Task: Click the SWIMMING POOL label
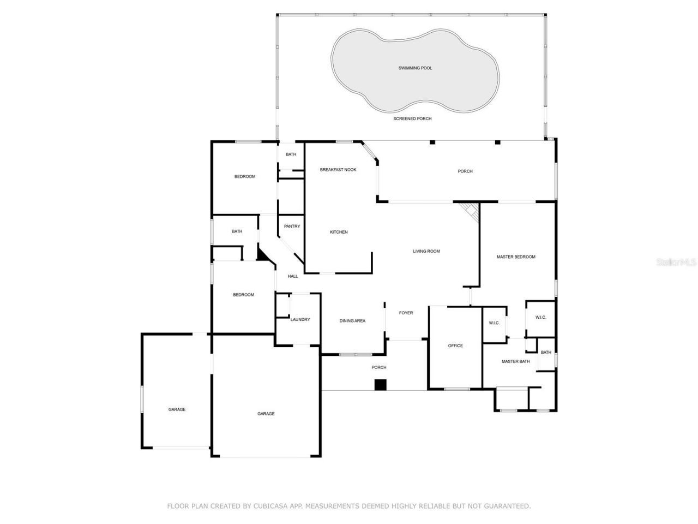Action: pyautogui.click(x=415, y=68)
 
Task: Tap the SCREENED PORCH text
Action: pyautogui.click(x=413, y=118)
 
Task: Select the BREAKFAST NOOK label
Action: pyautogui.click(x=338, y=170)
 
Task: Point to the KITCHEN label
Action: pyautogui.click(x=339, y=232)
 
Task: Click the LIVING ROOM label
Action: pyautogui.click(x=426, y=251)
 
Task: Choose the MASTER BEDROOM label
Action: pyautogui.click(x=515, y=257)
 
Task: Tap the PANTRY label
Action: pyautogui.click(x=292, y=226)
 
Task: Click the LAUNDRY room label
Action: pyautogui.click(x=300, y=319)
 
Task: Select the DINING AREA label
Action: pyautogui.click(x=352, y=320)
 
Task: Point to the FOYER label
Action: pyautogui.click(x=406, y=313)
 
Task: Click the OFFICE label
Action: pyautogui.click(x=455, y=346)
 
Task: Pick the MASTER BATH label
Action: pyautogui.click(x=515, y=361)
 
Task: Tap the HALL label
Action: pyautogui.click(x=293, y=276)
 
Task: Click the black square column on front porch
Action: pyautogui.click(x=380, y=385)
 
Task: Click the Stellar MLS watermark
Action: pyautogui.click(x=676, y=263)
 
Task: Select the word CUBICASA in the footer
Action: pyautogui.click(x=271, y=506)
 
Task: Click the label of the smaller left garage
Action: pyautogui.click(x=177, y=409)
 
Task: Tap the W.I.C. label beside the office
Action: pyautogui.click(x=494, y=323)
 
